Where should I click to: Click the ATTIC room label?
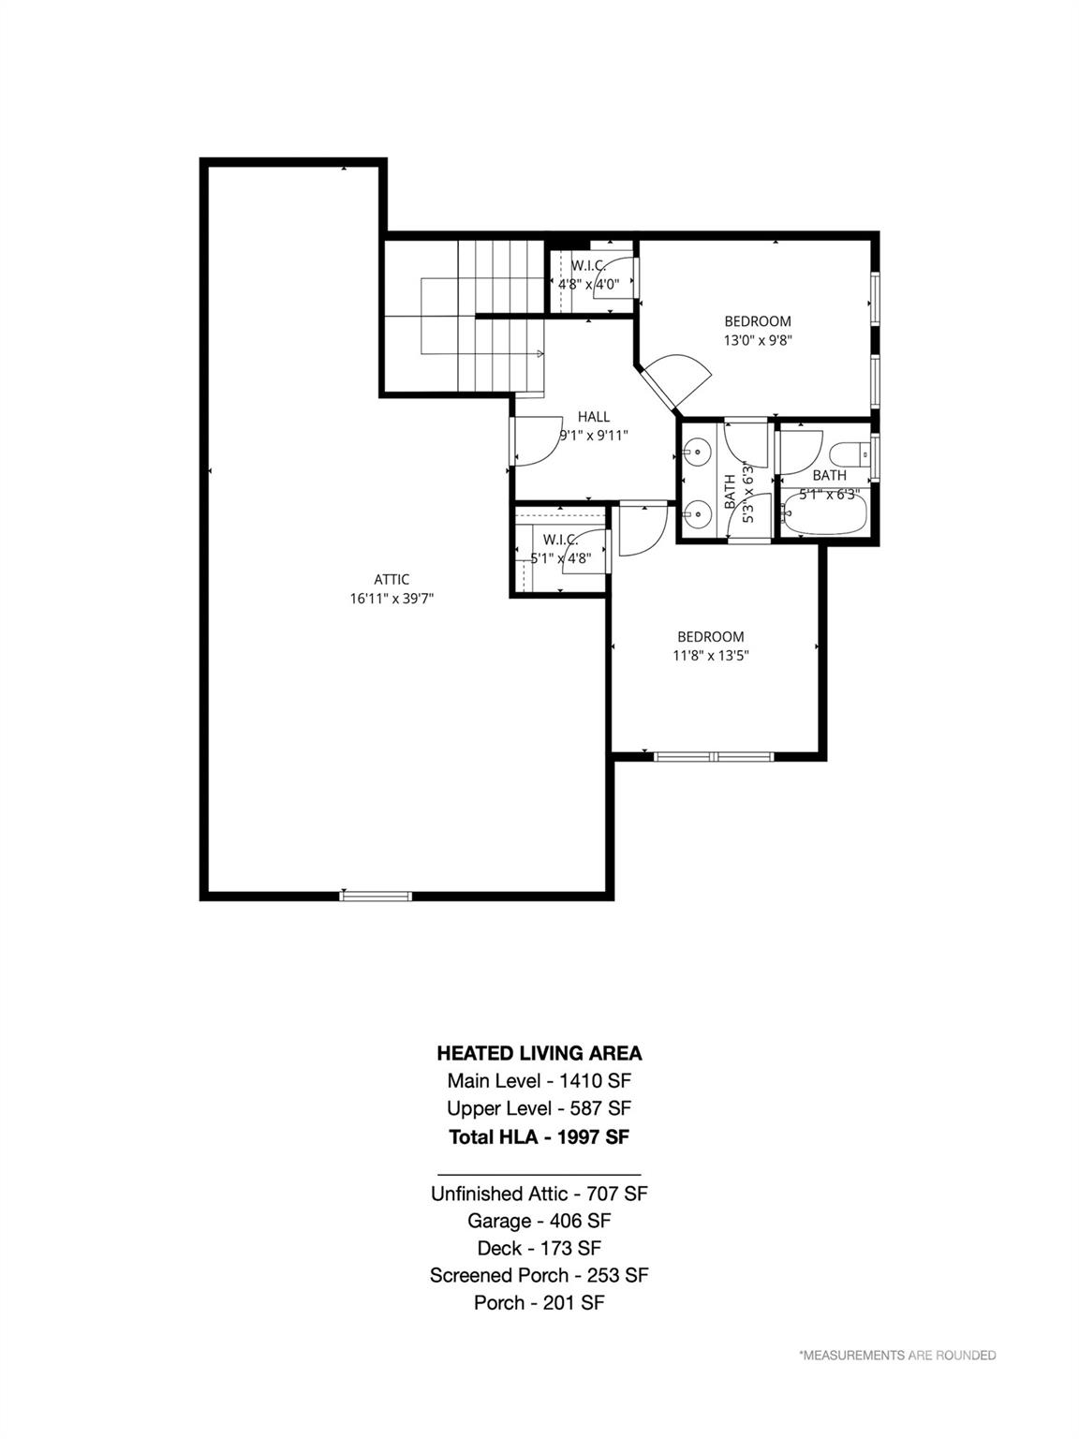point(392,579)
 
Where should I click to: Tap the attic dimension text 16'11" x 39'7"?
point(392,599)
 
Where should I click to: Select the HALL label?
point(593,417)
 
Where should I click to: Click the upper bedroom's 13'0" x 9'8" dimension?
point(758,341)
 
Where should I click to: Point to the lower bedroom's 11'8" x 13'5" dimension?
point(710,656)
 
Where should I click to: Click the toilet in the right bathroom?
point(853,455)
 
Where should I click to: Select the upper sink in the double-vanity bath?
point(696,453)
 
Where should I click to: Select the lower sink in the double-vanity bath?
point(696,512)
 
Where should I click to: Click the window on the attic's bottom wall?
point(376,896)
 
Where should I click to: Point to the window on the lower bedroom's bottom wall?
point(714,756)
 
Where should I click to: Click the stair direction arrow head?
point(541,353)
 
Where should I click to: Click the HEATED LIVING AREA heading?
point(539,1053)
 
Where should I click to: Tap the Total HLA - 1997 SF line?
point(539,1136)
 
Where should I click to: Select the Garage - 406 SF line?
point(539,1221)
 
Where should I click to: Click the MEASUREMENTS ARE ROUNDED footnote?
point(896,1355)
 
